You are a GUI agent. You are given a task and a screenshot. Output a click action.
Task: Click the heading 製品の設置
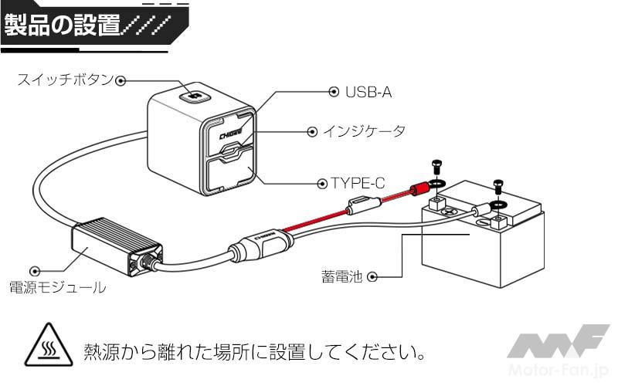(x=62, y=25)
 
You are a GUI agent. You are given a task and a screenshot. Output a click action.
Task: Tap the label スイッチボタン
(x=65, y=80)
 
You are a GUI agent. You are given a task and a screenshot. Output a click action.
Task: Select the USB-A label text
(x=369, y=92)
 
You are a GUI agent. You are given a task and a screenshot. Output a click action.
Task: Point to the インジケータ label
(x=363, y=132)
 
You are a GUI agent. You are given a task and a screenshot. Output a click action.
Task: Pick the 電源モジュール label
(x=57, y=288)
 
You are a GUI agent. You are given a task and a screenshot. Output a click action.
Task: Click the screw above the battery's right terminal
(x=497, y=186)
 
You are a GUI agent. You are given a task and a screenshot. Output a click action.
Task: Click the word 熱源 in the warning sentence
(x=100, y=352)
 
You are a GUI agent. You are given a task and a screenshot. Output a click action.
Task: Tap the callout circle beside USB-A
(x=334, y=92)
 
